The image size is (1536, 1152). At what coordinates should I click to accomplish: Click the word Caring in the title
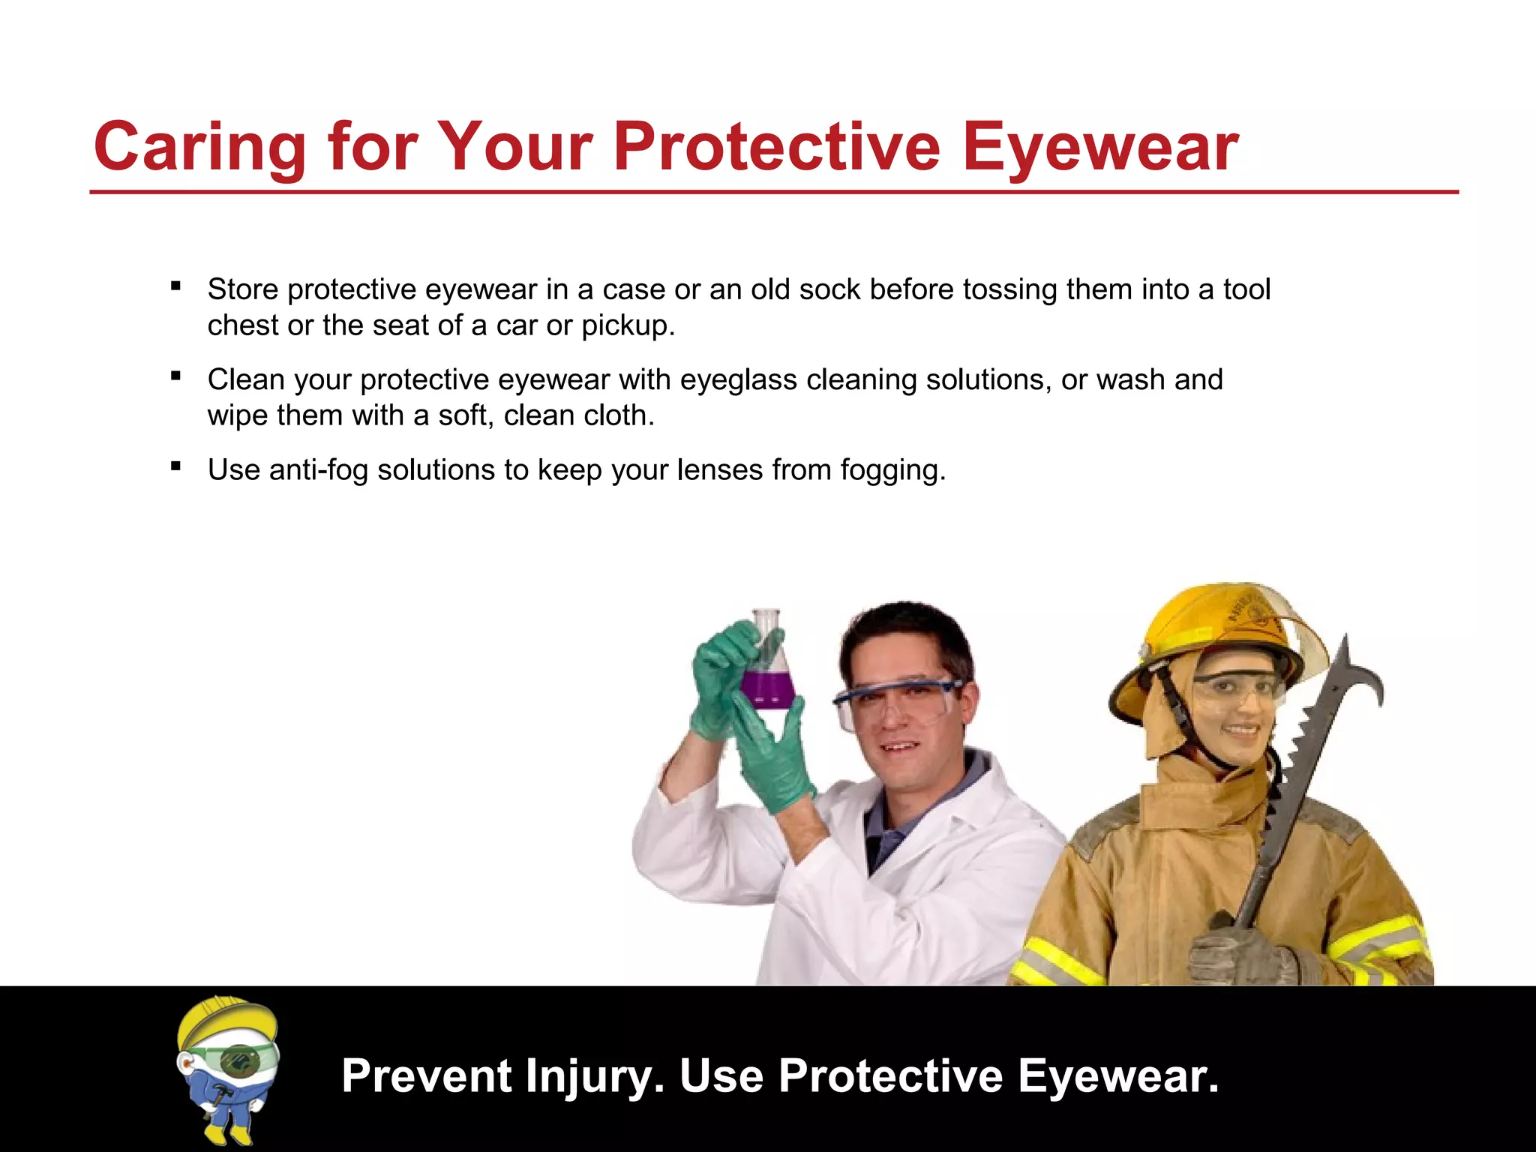pyautogui.click(x=199, y=147)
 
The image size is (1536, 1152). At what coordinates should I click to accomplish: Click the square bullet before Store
pyautogui.click(x=176, y=286)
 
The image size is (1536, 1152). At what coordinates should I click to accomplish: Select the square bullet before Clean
pyautogui.click(x=176, y=376)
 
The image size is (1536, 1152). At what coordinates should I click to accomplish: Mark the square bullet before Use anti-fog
pyautogui.click(x=176, y=466)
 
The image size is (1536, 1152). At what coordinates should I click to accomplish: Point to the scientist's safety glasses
pyautogui.click(x=896, y=701)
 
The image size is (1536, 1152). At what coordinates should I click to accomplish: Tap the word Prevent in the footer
pyautogui.click(x=427, y=1076)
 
